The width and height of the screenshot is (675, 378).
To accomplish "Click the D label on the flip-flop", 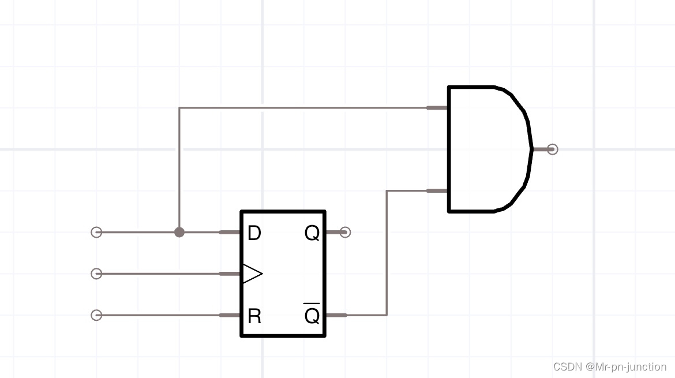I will click(254, 233).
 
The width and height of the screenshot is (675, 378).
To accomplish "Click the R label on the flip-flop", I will click(254, 316).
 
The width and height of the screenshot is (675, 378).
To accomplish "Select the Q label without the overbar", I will click(312, 233).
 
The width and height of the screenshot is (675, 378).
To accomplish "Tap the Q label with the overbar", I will click(312, 315).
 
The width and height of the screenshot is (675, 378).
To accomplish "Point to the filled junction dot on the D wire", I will click(179, 232).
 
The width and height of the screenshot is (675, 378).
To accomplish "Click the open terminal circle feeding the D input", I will click(96, 232).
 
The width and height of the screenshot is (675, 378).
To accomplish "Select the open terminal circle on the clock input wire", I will click(96, 274).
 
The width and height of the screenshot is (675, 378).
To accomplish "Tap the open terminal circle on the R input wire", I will click(96, 315).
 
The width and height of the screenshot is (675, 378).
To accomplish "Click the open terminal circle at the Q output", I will click(345, 232).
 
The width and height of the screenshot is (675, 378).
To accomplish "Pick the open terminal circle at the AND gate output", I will click(552, 149).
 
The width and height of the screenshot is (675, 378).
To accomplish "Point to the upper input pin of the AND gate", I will click(437, 107).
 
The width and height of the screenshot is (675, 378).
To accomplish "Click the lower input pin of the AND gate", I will click(437, 190).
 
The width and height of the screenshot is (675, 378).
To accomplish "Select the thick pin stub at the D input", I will click(230, 232).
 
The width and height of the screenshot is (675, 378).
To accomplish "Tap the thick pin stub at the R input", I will click(230, 315).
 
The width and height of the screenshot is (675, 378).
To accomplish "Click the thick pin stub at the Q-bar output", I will click(336, 315).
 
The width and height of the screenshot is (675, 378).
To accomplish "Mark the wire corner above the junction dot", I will click(179, 108).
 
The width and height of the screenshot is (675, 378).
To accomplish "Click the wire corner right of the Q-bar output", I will click(387, 315).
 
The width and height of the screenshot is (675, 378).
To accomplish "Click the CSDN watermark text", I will click(609, 366).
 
